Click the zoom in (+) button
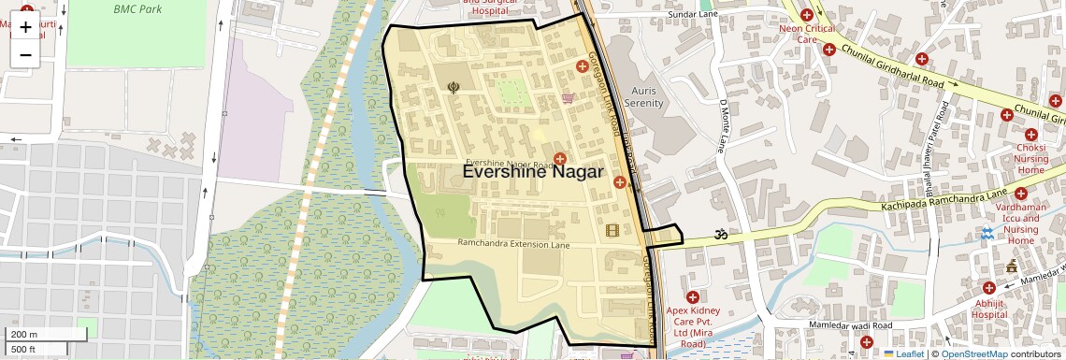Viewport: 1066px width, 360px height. (x=25, y=27)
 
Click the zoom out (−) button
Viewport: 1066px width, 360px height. (x=25, y=54)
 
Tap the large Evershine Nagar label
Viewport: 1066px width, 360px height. (x=540, y=172)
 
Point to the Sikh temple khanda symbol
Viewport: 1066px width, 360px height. (x=454, y=88)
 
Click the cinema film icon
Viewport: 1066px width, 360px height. (x=612, y=231)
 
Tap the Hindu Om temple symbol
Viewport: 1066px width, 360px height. (x=721, y=235)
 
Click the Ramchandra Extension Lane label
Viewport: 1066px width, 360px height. (x=512, y=243)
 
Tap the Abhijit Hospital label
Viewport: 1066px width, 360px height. (x=988, y=309)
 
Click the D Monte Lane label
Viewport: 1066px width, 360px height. (x=722, y=126)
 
